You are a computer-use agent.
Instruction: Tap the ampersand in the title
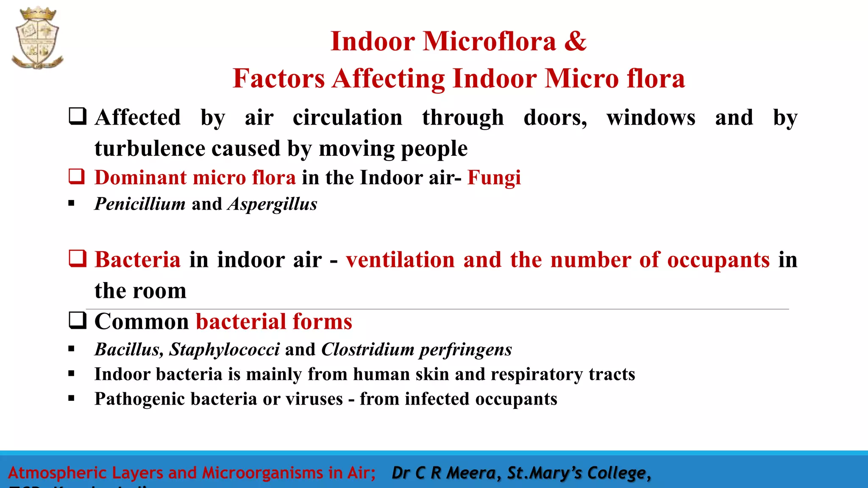575,42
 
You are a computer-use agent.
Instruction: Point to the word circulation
348,118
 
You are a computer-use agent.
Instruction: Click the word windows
651,118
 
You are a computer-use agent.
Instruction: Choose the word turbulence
150,149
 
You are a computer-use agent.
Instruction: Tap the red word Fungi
494,178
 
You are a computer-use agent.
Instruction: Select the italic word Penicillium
140,204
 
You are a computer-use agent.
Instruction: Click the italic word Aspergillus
273,204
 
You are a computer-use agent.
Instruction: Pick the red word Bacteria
137,260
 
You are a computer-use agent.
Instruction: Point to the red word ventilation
400,260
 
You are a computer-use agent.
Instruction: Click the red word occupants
718,260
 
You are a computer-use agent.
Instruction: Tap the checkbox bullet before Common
78,320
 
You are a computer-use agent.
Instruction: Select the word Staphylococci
224,349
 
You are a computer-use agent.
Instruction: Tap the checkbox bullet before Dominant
77,176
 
